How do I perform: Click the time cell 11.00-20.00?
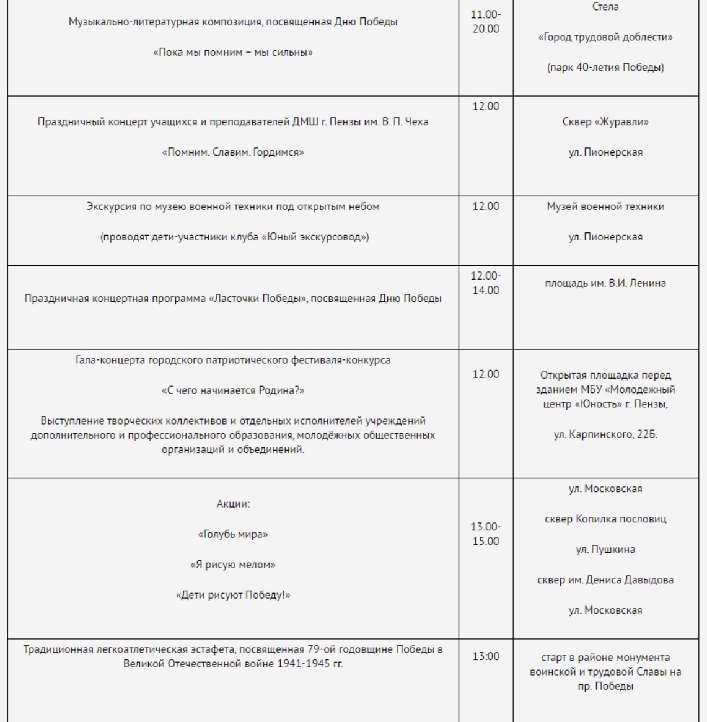tap(486, 23)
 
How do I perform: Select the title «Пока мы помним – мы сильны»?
tap(232, 53)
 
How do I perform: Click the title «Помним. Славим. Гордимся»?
tap(232, 152)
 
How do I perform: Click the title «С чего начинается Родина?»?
tap(232, 390)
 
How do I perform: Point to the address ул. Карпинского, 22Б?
tap(605, 435)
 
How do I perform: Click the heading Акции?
tap(232, 504)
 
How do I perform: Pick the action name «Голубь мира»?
tap(232, 534)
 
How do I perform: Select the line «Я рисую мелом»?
tap(232, 565)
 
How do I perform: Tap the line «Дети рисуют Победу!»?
tap(232, 595)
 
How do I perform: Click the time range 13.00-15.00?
tap(486, 534)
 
